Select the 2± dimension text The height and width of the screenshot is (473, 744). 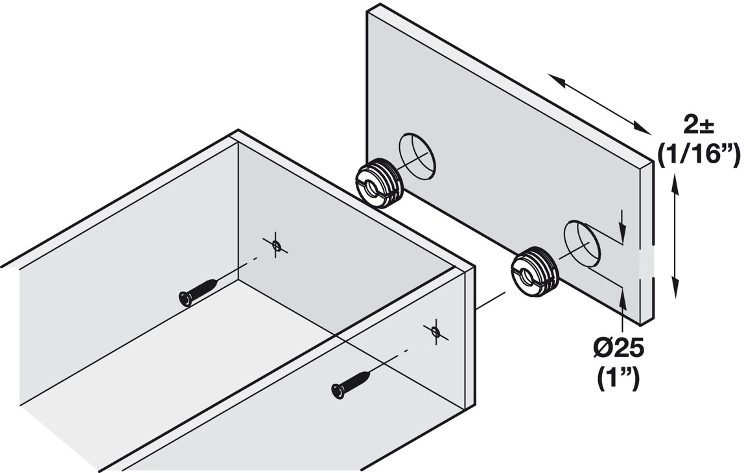coord(699,123)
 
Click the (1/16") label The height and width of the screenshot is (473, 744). coord(698,155)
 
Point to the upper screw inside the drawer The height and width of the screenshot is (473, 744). coord(199,291)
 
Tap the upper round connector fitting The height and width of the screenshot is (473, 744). coord(379,183)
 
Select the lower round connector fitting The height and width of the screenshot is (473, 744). coord(534,272)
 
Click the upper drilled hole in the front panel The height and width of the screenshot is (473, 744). coord(417,156)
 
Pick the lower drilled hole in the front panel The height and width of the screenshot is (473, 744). coord(582,243)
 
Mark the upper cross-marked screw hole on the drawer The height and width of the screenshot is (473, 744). coord(276,245)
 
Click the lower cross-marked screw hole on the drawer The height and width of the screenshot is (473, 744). coord(436,332)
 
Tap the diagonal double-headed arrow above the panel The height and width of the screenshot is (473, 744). coord(600,104)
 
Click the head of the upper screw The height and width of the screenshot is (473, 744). coord(185,299)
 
